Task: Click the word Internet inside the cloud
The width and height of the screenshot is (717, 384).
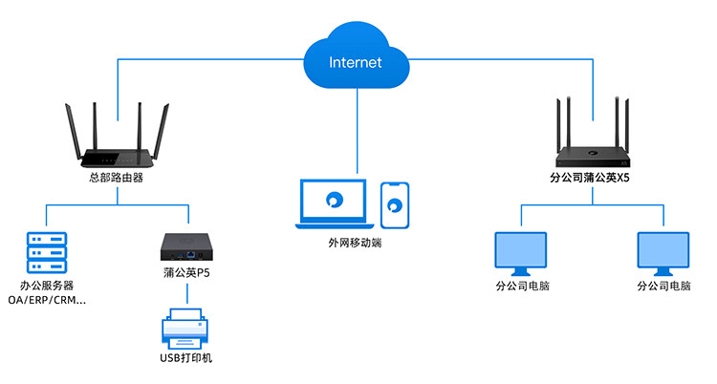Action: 355,63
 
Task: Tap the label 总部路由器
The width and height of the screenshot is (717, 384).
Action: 117,177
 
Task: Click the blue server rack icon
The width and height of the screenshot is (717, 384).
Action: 45,249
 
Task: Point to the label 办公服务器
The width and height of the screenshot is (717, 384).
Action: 47,285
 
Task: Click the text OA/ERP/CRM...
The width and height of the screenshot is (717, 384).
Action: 47,300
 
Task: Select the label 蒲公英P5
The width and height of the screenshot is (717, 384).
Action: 186,273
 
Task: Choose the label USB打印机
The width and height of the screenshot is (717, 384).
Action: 186,358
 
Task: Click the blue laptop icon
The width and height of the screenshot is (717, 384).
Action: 331,203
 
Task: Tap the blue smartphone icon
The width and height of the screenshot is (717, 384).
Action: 395,204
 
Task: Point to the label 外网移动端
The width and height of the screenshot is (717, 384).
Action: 355,243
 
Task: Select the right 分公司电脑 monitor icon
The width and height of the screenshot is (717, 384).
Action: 663,252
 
